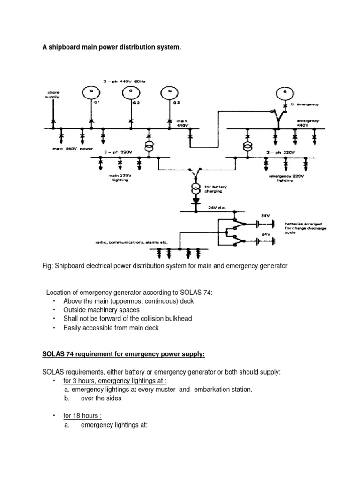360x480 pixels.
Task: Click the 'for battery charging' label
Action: (214, 189)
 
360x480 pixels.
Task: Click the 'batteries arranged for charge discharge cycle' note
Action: (305, 228)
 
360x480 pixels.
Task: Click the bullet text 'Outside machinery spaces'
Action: (101, 309)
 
